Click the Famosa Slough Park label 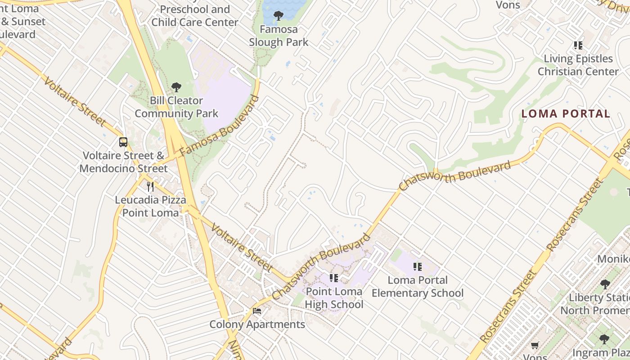pos(279,36)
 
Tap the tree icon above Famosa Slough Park pos(279,16)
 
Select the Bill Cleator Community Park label pos(176,107)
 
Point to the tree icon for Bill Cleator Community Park pos(176,87)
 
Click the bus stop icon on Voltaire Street pos(123,142)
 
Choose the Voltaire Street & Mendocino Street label pos(123,162)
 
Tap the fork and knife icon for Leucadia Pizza pos(150,186)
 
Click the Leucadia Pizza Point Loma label pos(150,206)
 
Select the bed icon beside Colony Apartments pos(257,310)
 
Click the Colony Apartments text pos(257,324)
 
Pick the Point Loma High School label pos(334,298)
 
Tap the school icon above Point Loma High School pos(334,278)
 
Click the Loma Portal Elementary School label pos(418,287)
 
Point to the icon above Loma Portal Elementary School pos(418,267)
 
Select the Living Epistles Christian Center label pos(578,65)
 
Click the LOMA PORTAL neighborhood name pos(566,114)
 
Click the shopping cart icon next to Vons pos(535,345)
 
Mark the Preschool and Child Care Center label pos(195,16)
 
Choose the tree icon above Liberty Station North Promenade pos(605,284)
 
